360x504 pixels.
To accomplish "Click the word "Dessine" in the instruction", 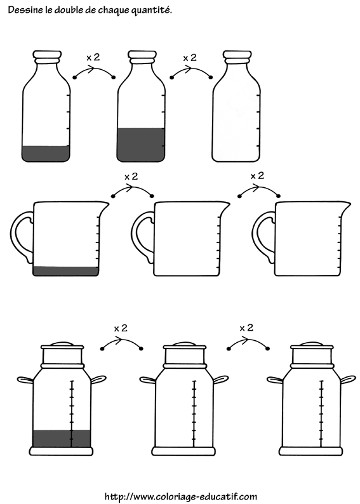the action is tap(22, 10).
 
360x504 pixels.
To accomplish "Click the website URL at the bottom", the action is tap(181, 496).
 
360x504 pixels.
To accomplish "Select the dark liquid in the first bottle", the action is tap(46, 154).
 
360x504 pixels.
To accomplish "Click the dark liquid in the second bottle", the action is tap(141, 145).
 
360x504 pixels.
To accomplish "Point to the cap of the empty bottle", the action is tap(237, 56).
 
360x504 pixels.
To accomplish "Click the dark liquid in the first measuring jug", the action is tap(65, 271).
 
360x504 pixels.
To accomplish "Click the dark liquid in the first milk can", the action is tap(62, 438).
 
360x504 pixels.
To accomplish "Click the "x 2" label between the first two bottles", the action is tap(93, 58).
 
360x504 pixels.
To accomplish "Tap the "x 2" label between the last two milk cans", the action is tap(246, 328).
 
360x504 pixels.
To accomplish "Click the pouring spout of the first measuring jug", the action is tap(105, 206).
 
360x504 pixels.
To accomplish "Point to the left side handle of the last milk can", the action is tap(275, 380).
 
